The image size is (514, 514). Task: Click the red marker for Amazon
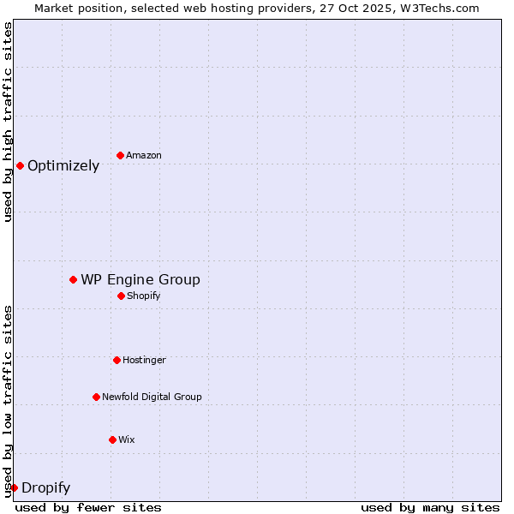120,155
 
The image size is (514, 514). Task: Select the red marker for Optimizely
20,165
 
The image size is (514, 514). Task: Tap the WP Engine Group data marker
74,279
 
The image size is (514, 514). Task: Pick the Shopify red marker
121,296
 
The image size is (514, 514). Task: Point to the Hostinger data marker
117,360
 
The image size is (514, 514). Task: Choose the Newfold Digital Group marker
96,397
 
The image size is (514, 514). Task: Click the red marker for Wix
112,439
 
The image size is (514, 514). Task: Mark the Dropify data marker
14,487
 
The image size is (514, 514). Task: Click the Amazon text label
144,155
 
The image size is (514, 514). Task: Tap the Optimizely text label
63,166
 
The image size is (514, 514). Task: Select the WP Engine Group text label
140,280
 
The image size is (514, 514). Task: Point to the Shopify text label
144,296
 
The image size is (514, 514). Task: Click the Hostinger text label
144,360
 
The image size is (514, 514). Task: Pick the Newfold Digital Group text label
152,397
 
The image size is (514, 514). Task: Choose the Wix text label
127,439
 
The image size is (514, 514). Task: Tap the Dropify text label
45,488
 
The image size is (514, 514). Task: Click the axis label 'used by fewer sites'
88,507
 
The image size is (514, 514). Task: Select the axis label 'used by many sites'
430,507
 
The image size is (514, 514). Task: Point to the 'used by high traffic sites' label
9,122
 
